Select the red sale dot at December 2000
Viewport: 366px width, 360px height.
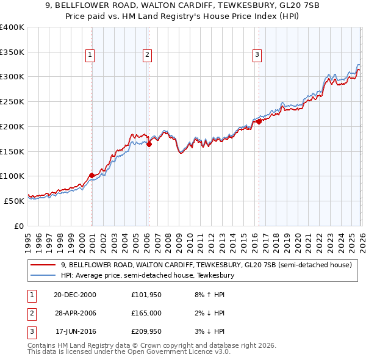91,175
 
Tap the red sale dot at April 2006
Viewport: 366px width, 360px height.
149,144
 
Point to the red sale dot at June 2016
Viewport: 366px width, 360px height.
259,121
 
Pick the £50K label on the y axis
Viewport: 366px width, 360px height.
14,200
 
